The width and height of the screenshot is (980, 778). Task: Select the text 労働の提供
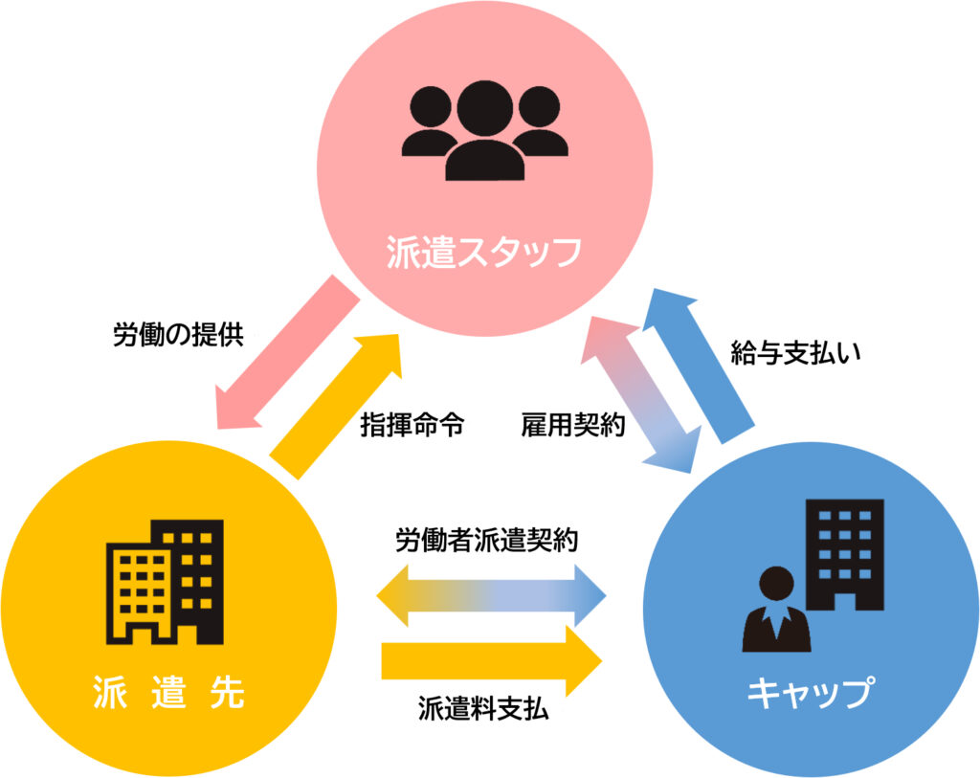178,335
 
